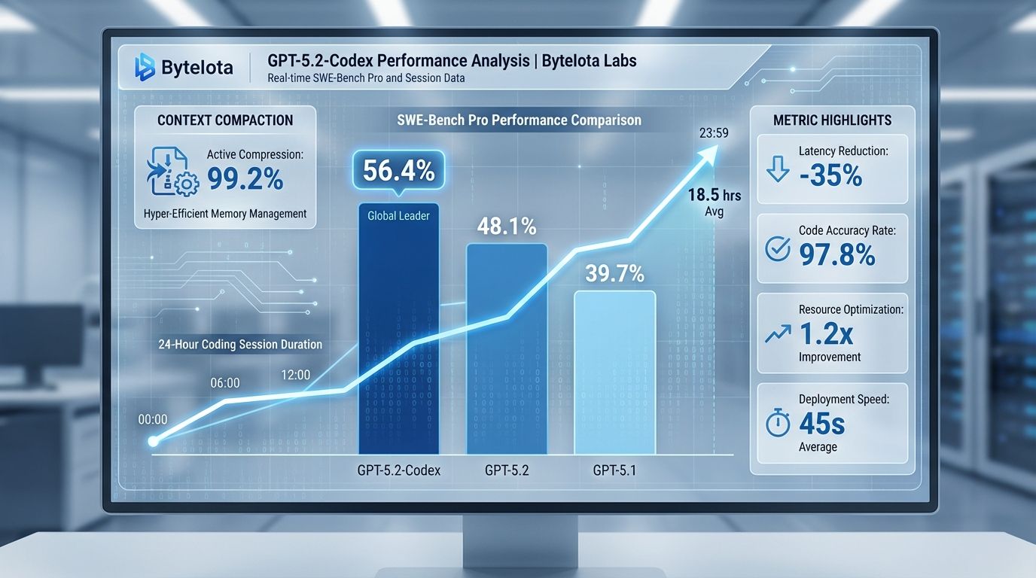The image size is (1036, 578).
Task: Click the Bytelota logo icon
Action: tap(144, 67)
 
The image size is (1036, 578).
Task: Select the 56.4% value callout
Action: tap(398, 172)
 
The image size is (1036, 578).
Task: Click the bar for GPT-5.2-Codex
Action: tap(398, 339)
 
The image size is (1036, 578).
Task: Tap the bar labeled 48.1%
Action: tap(507, 346)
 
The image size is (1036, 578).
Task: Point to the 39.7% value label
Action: tap(614, 274)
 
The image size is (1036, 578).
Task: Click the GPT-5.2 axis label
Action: tap(507, 472)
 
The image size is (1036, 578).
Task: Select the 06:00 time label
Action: tap(224, 383)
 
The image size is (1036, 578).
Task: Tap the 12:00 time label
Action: tap(295, 374)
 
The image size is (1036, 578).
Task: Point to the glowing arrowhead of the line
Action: tap(708, 153)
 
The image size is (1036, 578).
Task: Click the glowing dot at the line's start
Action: tap(154, 441)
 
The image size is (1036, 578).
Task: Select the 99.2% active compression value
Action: tap(245, 179)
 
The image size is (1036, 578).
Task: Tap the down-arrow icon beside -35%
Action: tap(776, 170)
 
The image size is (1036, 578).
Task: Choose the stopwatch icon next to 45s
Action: tap(777, 424)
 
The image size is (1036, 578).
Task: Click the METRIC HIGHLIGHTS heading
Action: tap(832, 120)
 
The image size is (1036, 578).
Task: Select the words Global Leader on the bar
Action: tap(398, 216)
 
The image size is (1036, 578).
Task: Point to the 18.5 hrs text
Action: tap(715, 196)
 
